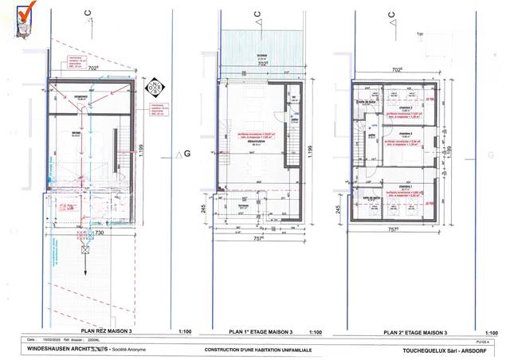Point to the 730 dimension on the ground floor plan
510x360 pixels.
99,233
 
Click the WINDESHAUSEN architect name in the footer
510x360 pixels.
68,349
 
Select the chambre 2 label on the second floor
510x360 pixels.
406,134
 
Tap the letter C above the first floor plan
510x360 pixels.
256,14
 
